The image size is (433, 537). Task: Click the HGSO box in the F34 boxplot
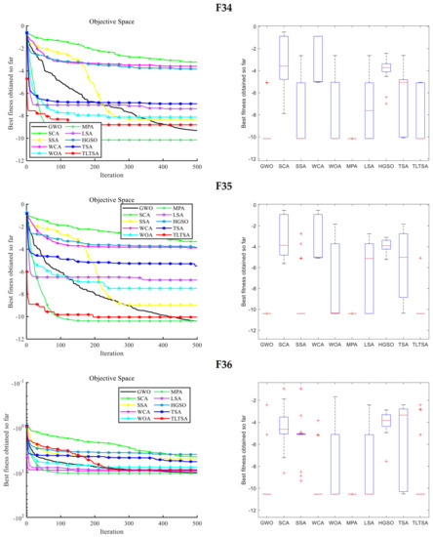click(x=386, y=67)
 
